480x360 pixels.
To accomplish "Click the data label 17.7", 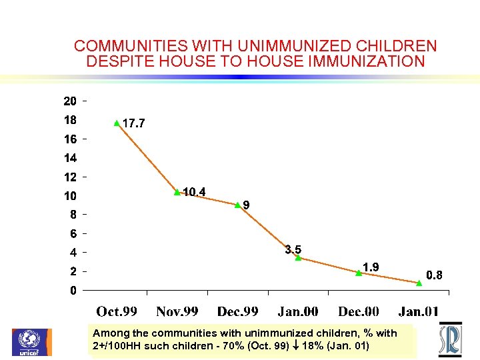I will (133, 123).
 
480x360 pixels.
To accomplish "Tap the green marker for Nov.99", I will (177, 192).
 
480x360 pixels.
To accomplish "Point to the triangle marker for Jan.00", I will (299, 257).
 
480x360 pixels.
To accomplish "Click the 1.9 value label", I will (371, 267).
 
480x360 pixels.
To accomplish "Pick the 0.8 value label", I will (434, 275).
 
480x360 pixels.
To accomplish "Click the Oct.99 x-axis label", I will (117, 311).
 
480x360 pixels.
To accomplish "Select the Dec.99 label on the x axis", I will (238, 311).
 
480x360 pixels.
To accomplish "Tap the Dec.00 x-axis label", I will (359, 311).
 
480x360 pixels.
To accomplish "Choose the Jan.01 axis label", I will (419, 311).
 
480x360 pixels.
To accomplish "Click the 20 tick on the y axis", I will (69, 102).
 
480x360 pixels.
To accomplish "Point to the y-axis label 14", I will (69, 159).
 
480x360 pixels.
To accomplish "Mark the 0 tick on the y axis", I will (73, 291).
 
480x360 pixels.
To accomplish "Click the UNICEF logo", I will (31, 342).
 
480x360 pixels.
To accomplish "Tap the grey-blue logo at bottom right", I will (450, 340).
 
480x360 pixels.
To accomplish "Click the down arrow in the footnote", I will (297, 346).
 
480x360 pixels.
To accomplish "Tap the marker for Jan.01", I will (419, 283).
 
